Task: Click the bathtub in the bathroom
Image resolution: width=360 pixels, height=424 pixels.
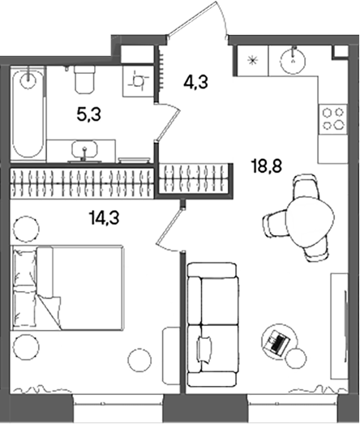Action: tap(28, 113)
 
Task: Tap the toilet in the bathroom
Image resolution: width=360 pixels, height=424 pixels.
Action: tap(84, 79)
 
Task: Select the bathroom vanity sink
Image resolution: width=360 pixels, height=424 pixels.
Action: tap(83, 149)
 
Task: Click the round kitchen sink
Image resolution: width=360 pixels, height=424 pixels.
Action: tap(293, 60)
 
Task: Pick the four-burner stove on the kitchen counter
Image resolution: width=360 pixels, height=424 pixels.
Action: tap(332, 118)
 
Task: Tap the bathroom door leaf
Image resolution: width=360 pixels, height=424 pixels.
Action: tap(167, 129)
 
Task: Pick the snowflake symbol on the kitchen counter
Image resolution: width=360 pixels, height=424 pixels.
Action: tap(252, 59)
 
